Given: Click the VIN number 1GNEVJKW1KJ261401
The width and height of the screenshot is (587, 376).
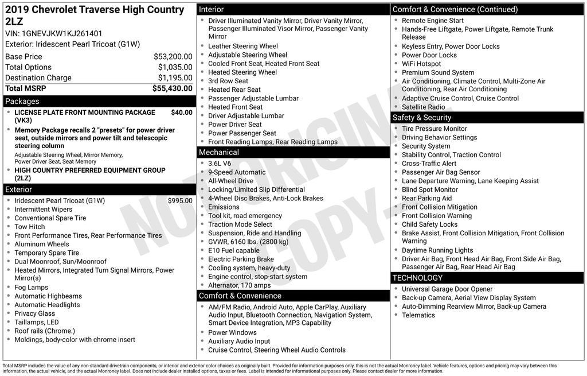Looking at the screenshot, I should pos(62,33).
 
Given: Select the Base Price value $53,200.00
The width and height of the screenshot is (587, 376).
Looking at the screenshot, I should pos(173,57).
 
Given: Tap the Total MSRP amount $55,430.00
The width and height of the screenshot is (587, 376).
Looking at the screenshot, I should pos(172,88).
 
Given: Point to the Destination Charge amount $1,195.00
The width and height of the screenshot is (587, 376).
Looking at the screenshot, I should pos(175,78).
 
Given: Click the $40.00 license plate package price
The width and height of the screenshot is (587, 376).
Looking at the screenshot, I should pos(181,113).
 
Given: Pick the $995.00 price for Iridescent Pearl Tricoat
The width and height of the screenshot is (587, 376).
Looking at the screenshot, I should pos(180,201).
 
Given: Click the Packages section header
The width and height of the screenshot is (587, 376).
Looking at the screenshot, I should pos(22,102).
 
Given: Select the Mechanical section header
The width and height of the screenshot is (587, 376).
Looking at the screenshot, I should pos(218,152).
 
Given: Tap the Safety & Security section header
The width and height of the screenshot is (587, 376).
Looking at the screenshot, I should pos(422,118).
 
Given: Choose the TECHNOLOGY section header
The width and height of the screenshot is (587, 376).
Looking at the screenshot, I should pos(417,278).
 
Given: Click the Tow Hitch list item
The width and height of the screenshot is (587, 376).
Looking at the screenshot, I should pos(30,227).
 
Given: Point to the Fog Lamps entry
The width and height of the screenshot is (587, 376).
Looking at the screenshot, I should pos(32,288).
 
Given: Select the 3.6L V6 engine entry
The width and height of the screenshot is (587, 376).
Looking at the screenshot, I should pos(220,164).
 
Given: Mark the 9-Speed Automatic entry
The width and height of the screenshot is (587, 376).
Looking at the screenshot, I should pos(237,172).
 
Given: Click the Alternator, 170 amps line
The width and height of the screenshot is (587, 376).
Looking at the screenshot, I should pos(239,285).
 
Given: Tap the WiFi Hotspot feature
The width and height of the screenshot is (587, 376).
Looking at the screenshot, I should pos(421,64).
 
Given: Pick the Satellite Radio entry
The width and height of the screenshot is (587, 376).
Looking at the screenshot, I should pos(423,107).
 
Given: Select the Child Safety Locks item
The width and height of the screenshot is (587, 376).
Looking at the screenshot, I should pos(429,224).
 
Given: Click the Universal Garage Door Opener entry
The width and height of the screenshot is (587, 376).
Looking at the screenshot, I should pos(447,289).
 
